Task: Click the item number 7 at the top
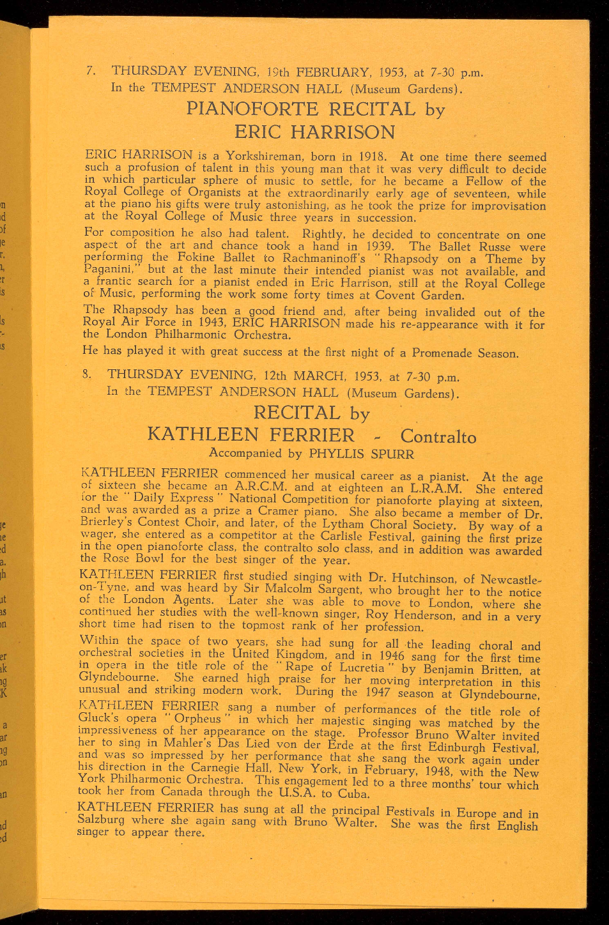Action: coord(89,71)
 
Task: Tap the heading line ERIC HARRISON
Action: coord(315,132)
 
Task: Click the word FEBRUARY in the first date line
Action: coord(329,72)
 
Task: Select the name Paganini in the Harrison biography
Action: coord(110,270)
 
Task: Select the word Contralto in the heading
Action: coord(438,437)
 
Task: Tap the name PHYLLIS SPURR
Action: coord(361,454)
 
